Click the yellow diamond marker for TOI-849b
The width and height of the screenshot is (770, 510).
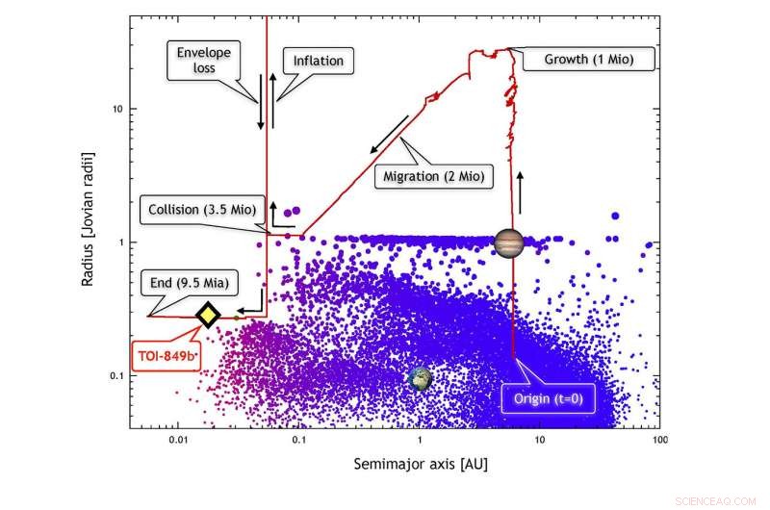tap(208, 315)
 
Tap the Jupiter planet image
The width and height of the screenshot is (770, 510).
tap(508, 242)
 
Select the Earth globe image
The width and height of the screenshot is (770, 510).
tap(420, 378)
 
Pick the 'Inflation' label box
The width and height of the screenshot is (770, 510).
tap(318, 61)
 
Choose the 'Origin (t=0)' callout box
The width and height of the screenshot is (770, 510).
tap(546, 396)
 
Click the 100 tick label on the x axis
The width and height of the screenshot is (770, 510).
tap(659, 439)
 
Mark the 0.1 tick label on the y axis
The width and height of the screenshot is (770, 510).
tap(113, 375)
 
